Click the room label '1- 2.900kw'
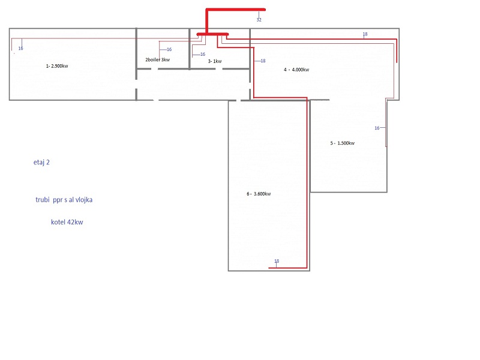(x=57, y=66)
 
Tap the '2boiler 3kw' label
(x=157, y=59)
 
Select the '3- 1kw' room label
(x=215, y=61)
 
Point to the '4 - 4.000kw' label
(x=296, y=70)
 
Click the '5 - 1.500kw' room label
(x=342, y=143)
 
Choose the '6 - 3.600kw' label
(x=259, y=194)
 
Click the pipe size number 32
(x=259, y=20)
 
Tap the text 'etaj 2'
(x=41, y=162)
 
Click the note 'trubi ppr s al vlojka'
(x=64, y=200)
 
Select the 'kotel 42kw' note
(x=67, y=222)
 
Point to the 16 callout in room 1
(x=20, y=49)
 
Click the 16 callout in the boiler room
(x=169, y=49)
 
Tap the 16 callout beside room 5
(x=377, y=128)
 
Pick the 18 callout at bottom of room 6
(x=277, y=261)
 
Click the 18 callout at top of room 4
(x=365, y=34)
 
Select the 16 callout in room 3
(x=203, y=54)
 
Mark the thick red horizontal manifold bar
(x=212, y=34)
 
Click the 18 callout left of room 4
(x=263, y=61)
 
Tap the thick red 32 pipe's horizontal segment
(x=236, y=10)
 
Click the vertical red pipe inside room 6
(x=307, y=183)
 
